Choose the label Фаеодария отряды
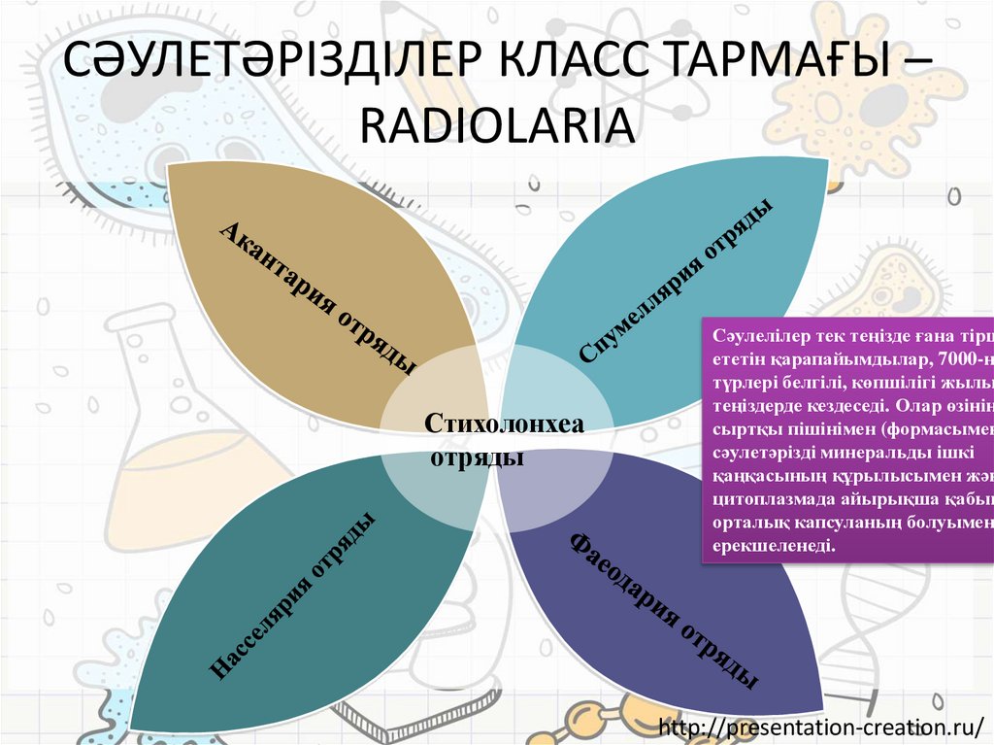[x=664, y=610]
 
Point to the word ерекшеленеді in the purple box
[x=773, y=548]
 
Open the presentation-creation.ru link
[x=821, y=726]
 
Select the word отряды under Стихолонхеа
[x=477, y=456]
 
